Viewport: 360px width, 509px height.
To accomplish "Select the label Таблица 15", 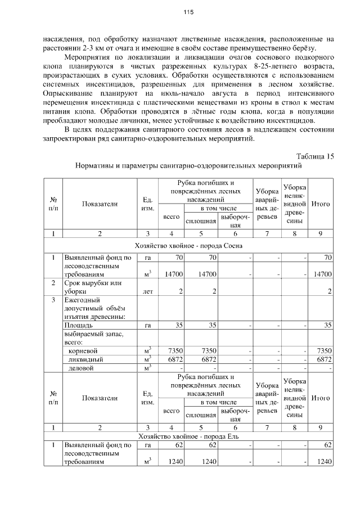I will (x=314, y=156).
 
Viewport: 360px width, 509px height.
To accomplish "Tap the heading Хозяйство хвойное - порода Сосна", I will (x=189, y=245).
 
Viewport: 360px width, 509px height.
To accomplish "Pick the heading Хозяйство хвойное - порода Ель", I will (x=189, y=436).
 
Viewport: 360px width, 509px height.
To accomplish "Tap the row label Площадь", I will (x=78, y=325).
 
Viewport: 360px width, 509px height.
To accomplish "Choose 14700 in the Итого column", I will (x=322, y=273).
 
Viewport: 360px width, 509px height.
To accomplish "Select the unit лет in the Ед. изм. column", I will (x=148, y=291).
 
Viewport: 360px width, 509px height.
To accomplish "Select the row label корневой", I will (x=83, y=350).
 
